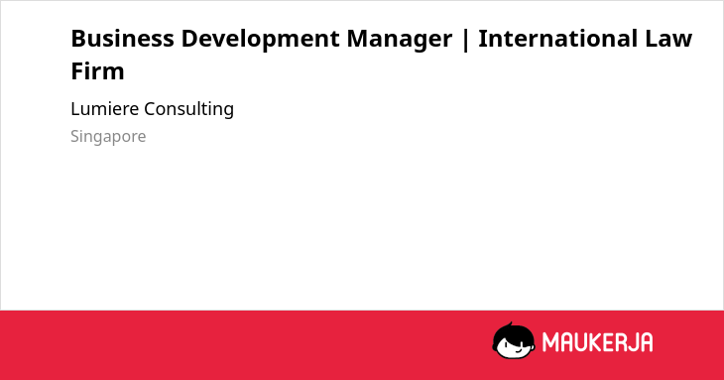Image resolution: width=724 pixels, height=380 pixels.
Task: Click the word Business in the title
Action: point(122,39)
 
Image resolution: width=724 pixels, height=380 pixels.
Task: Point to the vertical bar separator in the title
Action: point(465,40)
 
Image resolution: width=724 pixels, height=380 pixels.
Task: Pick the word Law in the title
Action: point(668,39)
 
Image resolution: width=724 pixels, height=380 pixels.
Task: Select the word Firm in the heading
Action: point(97,71)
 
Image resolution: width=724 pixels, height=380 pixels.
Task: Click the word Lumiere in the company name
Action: point(104,109)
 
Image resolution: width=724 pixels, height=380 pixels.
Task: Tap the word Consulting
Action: point(188,110)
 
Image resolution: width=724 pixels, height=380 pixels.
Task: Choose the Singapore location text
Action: point(108,137)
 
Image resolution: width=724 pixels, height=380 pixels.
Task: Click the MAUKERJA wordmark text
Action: point(597,342)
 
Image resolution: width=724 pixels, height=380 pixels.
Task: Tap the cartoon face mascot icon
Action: point(514,340)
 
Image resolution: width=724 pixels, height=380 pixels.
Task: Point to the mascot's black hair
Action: point(513,332)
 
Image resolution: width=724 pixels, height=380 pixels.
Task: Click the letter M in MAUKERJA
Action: point(550,342)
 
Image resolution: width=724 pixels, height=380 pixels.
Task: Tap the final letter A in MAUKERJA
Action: point(646,342)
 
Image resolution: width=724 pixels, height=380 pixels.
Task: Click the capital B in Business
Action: point(78,39)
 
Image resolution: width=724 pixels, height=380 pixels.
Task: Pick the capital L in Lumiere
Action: point(75,109)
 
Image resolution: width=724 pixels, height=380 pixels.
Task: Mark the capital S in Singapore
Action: point(75,136)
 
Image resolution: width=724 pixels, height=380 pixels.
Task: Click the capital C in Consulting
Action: point(151,109)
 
